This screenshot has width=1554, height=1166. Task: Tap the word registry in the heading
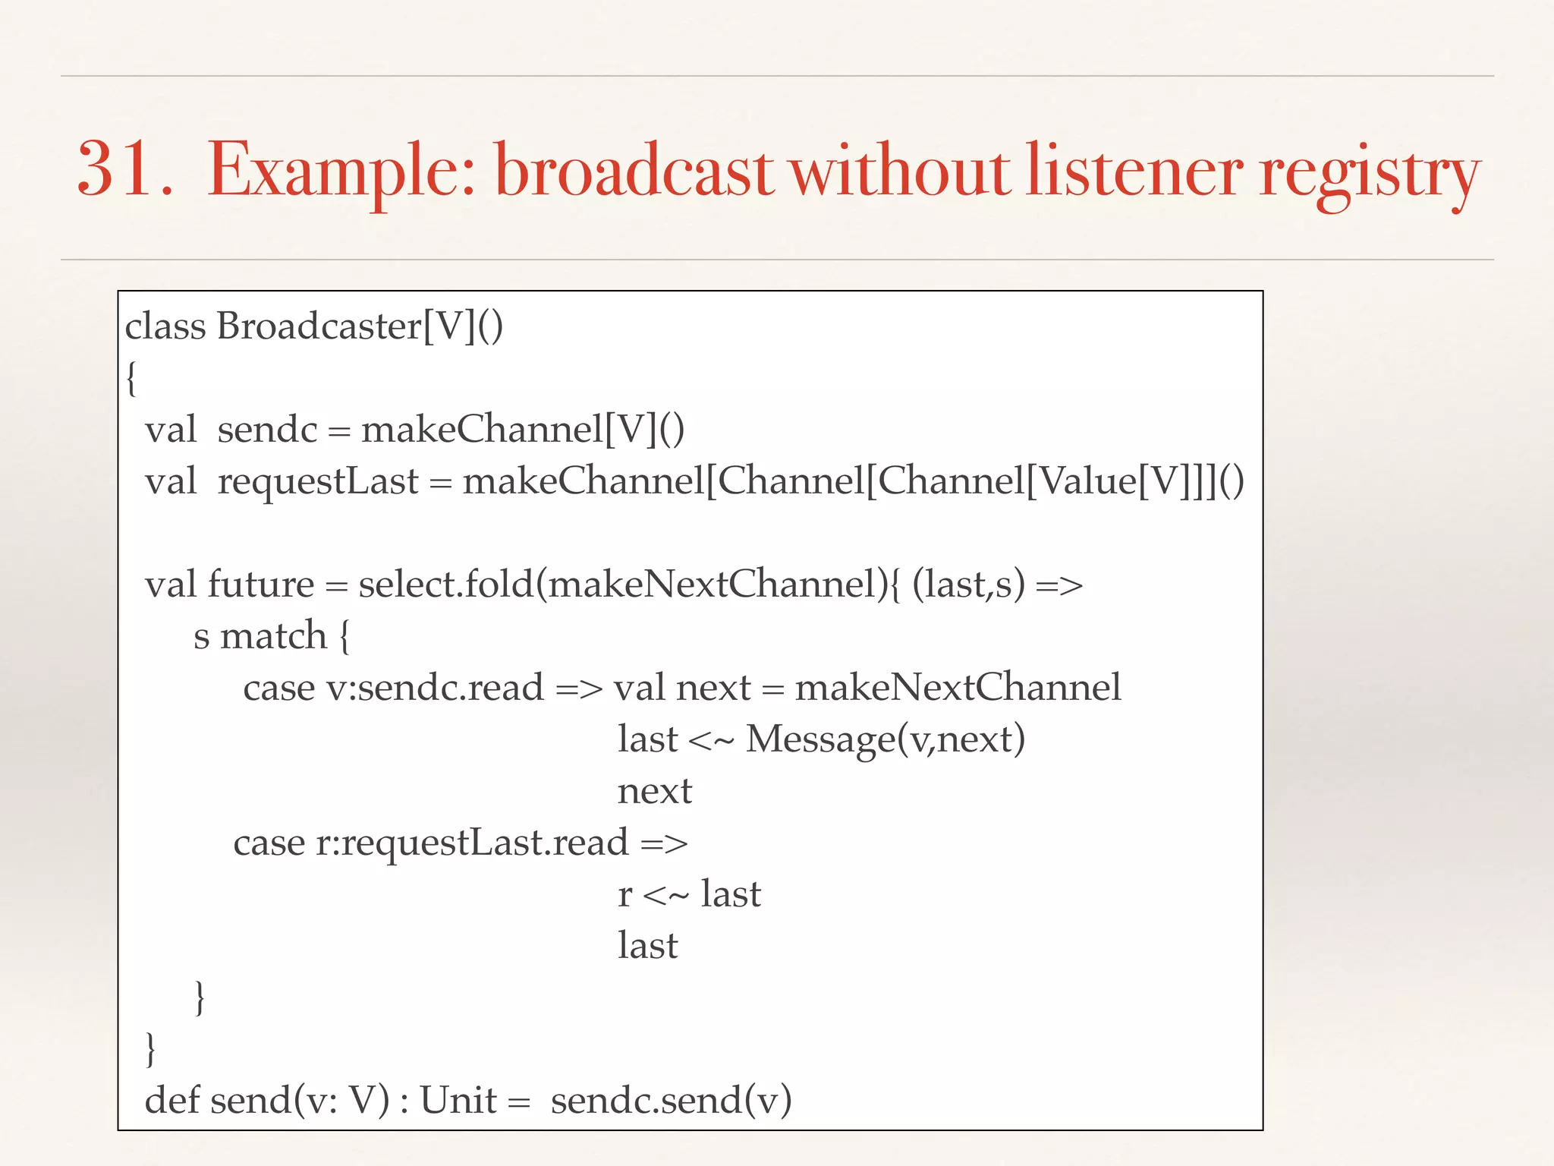coord(1369,173)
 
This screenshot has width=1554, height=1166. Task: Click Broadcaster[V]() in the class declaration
coord(360,326)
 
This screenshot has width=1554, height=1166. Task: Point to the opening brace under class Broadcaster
coord(131,377)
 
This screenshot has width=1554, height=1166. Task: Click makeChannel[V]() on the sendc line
coord(523,430)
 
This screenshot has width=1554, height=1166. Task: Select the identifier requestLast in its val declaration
coord(317,481)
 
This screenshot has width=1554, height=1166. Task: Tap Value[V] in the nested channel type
coord(1105,481)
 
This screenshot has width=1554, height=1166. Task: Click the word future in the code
coord(260,585)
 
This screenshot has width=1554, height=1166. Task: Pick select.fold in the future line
coord(446,585)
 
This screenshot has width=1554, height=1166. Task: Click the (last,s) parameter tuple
coord(967,585)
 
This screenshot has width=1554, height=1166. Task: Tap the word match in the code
coord(273,636)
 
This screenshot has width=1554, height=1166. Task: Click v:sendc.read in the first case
coord(435,688)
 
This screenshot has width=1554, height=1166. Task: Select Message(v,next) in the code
coord(885,739)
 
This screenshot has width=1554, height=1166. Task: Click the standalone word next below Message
coord(654,791)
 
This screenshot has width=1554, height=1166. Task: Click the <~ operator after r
coord(665,894)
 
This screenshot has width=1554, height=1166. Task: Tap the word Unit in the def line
coord(458,1101)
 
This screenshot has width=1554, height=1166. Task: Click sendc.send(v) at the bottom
coord(671,1101)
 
